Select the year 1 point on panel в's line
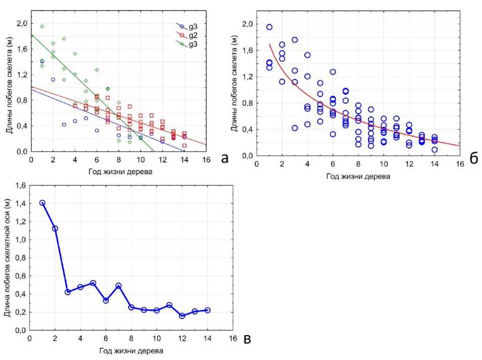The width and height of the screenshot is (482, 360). (42, 203)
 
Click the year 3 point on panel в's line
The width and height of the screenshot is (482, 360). (68, 292)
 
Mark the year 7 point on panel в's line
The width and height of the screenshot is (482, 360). (118, 286)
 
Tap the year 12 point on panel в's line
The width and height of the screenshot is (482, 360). (182, 316)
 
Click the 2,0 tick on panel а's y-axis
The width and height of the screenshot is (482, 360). (22, 23)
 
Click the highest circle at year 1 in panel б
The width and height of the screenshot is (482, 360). (269, 27)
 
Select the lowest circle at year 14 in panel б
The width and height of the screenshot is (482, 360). (435, 149)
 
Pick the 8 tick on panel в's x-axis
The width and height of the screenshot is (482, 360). (131, 338)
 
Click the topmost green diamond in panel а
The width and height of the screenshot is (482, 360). (42, 26)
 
